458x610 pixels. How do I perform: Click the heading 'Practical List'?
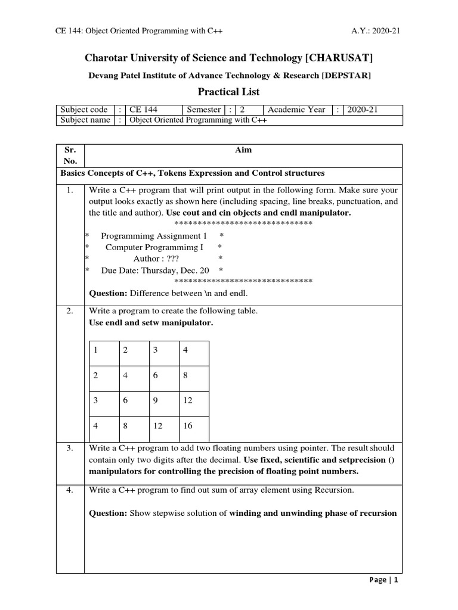[x=228, y=92]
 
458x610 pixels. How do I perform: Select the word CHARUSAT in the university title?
[x=340, y=57]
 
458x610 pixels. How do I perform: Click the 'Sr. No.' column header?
[x=70, y=155]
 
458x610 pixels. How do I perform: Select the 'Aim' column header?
[x=243, y=150]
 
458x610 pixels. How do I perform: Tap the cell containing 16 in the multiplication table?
[x=188, y=426]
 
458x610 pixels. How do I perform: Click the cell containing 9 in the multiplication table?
[x=156, y=401]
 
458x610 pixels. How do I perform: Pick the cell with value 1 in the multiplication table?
[x=95, y=350]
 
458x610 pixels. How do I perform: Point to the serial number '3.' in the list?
[x=70, y=447]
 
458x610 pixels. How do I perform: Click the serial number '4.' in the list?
[x=70, y=490]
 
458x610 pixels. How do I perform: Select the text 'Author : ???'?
[x=156, y=259]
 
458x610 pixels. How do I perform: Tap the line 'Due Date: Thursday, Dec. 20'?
[x=155, y=270]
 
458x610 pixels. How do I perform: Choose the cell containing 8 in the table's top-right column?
[x=185, y=375]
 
